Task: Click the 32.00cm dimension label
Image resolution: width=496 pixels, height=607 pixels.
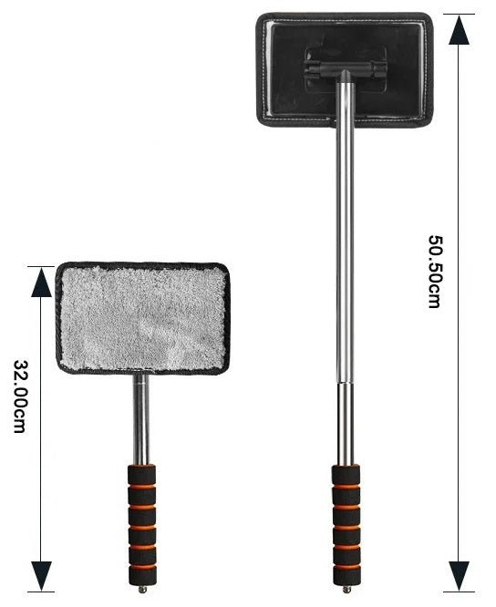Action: coord(20,396)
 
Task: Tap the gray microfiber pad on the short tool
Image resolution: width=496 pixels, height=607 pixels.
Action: coord(142,318)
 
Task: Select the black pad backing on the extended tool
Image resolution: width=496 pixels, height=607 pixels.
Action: coord(345,69)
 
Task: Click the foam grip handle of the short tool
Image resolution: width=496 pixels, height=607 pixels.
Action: coord(142,525)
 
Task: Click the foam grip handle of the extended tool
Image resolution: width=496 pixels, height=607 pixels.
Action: coord(346,525)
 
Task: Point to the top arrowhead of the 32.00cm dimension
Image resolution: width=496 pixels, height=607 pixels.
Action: coord(41,282)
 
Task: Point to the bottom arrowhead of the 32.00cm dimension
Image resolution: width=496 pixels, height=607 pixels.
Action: coord(41,576)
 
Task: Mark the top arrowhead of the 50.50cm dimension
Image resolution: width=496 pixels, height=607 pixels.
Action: coord(460,29)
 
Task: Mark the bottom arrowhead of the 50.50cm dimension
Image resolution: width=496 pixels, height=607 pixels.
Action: coord(460,576)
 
